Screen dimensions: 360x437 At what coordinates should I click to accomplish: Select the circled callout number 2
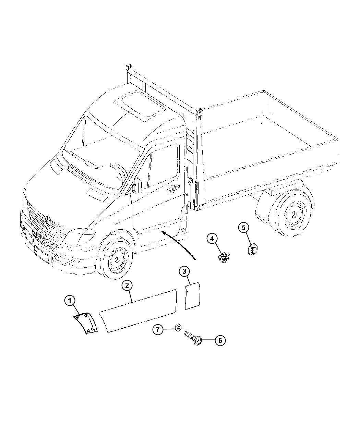pyautogui.click(x=127, y=286)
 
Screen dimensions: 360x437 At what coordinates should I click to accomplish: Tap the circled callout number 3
pyautogui.click(x=184, y=271)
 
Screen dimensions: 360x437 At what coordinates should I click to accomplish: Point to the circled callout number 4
pyautogui.click(x=212, y=239)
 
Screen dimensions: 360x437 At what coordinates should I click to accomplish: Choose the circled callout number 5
pyautogui.click(x=243, y=228)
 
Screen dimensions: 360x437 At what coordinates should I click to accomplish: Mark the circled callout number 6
pyautogui.click(x=220, y=340)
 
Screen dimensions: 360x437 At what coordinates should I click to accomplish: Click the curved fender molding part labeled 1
pyautogui.click(x=86, y=323)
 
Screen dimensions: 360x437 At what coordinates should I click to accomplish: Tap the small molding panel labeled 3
pyautogui.click(x=193, y=296)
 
